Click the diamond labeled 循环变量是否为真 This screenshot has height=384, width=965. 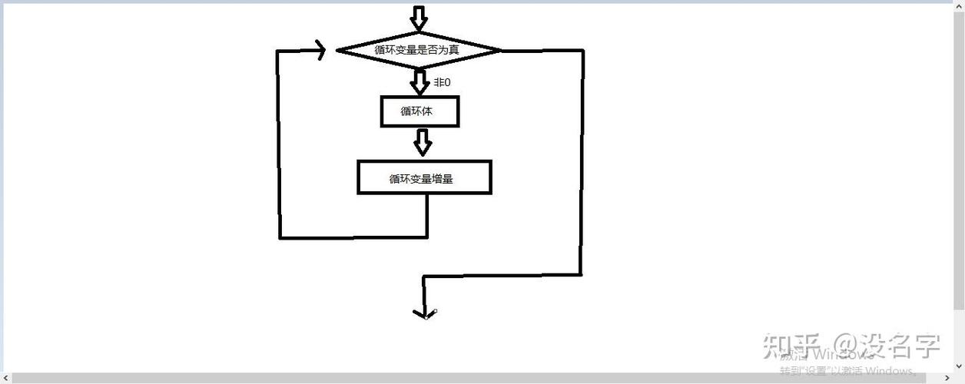pos(419,51)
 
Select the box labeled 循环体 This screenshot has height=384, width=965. pos(419,111)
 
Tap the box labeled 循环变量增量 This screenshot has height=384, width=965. pos(423,177)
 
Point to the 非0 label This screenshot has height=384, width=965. pos(442,81)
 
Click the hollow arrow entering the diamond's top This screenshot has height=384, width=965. pos(418,17)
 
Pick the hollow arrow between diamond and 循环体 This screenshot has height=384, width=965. pos(419,81)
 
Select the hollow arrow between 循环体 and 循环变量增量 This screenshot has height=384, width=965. pos(422,142)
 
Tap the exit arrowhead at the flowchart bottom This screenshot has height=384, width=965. pos(424,313)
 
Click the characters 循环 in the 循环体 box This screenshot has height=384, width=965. pos(409,111)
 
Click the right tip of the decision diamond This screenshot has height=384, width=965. pos(500,51)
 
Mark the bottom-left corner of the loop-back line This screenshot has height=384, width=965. pos(280,237)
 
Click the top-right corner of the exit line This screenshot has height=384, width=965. pos(582,51)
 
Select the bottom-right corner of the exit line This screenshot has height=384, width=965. pos(581,274)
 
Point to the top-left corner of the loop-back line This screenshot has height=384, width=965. pos(279,51)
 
